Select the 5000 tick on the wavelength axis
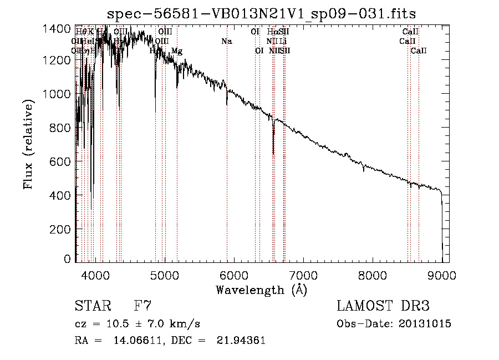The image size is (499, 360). [165, 273]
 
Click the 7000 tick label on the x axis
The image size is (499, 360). [303, 273]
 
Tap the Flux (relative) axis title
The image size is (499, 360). [29, 141]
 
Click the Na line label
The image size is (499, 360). [226, 41]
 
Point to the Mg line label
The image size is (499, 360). [177, 51]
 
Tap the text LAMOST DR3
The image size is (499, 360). [383, 306]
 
